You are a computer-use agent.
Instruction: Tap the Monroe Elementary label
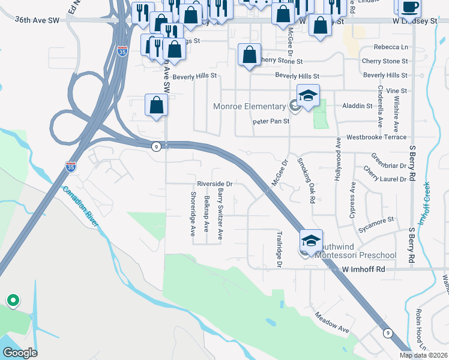[x=249, y=107]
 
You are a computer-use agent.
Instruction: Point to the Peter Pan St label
[x=270, y=121]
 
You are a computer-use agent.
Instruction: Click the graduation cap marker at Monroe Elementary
[x=308, y=96]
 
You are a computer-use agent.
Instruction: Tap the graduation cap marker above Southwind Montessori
[x=311, y=241]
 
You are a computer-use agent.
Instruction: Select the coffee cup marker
[x=410, y=7]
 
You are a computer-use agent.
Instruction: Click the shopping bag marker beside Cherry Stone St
[x=249, y=55]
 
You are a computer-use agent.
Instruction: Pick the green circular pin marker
[x=12, y=299]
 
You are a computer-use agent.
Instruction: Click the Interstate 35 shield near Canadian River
[x=70, y=164]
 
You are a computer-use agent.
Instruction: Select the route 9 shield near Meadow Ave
[x=387, y=333]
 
